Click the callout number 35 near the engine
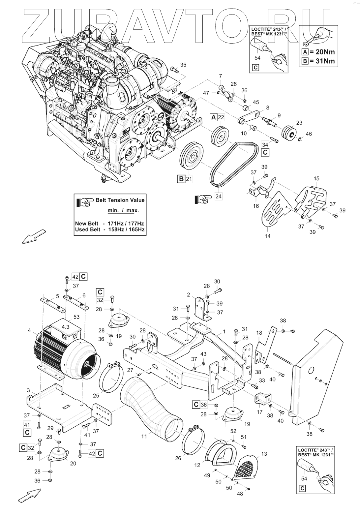183,65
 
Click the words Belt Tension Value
120,200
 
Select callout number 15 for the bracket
316,179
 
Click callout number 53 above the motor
76,317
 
